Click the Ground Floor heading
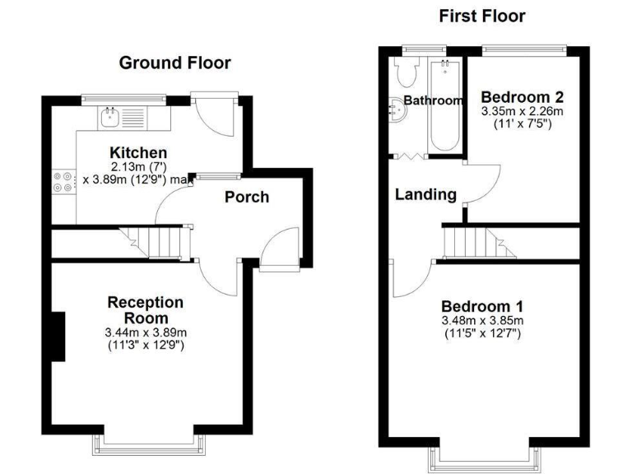click(x=174, y=63)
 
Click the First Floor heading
click(x=481, y=16)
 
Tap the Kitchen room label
click(x=139, y=153)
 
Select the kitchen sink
click(x=110, y=118)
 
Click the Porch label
click(x=247, y=197)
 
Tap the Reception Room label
click(x=146, y=310)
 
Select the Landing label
click(x=425, y=195)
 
